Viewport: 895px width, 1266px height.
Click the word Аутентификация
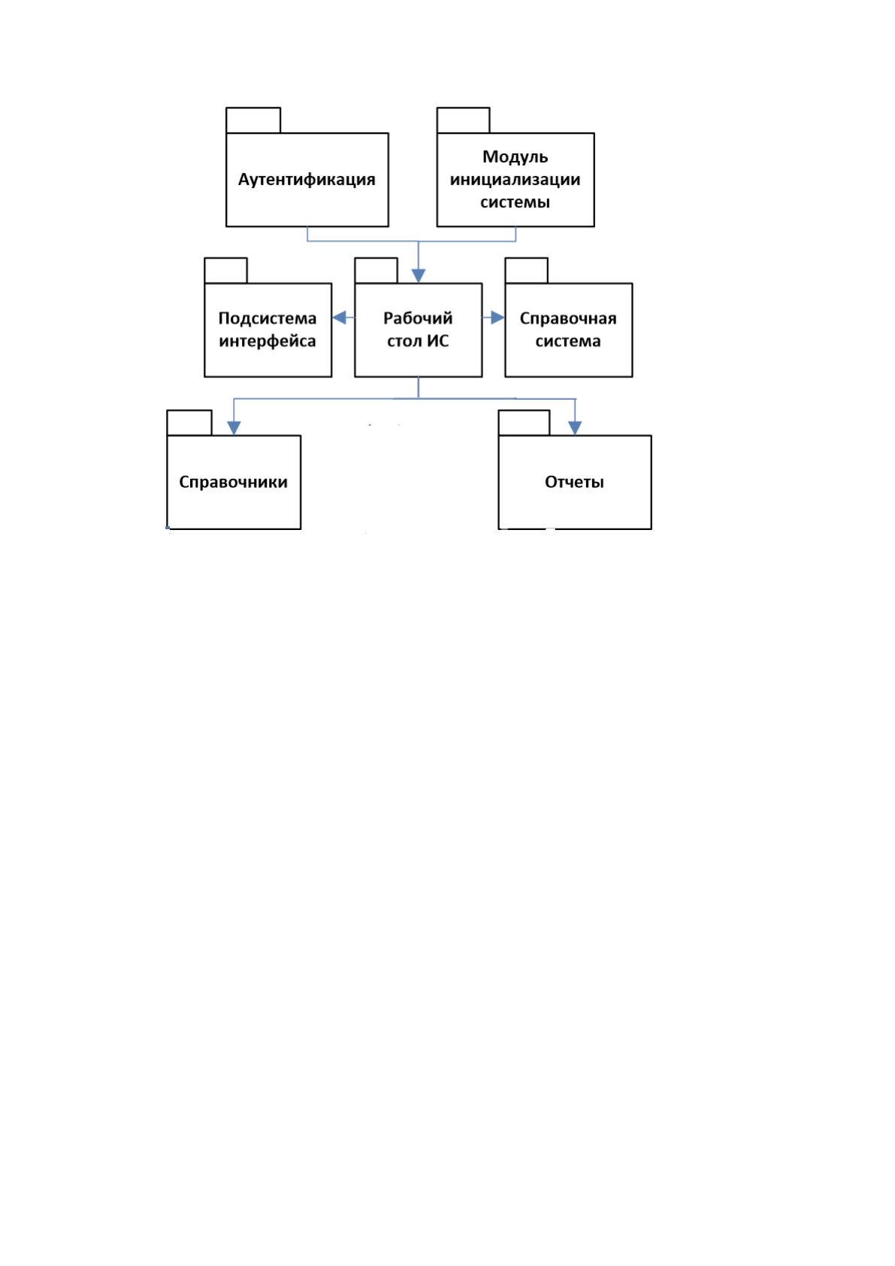pyautogui.click(x=307, y=180)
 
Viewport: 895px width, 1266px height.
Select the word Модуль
pyautogui.click(x=515, y=157)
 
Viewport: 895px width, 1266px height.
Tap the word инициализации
pyautogui.click(x=515, y=180)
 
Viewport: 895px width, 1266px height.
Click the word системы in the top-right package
pyautogui.click(x=515, y=201)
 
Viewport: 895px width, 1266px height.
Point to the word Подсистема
pyautogui.click(x=268, y=319)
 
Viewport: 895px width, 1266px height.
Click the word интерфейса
pyautogui.click(x=268, y=341)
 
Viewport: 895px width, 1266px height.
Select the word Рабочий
pyautogui.click(x=418, y=318)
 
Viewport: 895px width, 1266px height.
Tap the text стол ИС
pyautogui.click(x=418, y=341)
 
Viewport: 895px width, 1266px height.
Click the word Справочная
pyautogui.click(x=568, y=319)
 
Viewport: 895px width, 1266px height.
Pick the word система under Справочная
pyautogui.click(x=568, y=341)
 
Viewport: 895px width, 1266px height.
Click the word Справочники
pyautogui.click(x=233, y=482)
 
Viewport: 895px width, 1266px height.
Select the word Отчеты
pyautogui.click(x=574, y=482)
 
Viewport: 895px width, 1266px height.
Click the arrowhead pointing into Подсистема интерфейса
pyautogui.click(x=339, y=318)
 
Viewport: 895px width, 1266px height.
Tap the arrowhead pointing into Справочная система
pyautogui.click(x=497, y=318)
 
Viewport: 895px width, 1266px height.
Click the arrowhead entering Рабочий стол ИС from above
pyautogui.click(x=418, y=276)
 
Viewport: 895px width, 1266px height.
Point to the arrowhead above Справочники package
pyautogui.click(x=234, y=429)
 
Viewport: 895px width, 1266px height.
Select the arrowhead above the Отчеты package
pyautogui.click(x=575, y=429)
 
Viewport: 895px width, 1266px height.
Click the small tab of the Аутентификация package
pyautogui.click(x=253, y=120)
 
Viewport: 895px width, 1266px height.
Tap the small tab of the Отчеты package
pyautogui.click(x=524, y=423)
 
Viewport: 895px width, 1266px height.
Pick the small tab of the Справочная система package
pyautogui.click(x=526, y=271)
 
